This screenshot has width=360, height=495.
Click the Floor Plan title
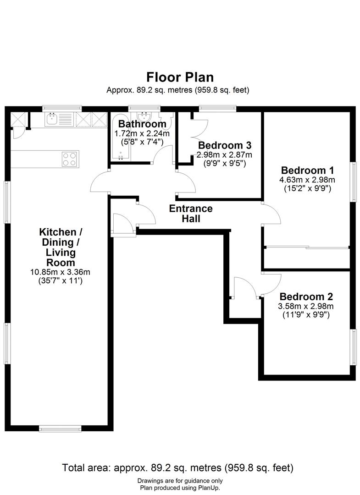pyautogui.click(x=180, y=77)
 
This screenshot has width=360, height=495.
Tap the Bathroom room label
pyautogui.click(x=142, y=124)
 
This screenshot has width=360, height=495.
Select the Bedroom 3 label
pyautogui.click(x=225, y=146)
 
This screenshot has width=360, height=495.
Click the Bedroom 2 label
pyautogui.click(x=306, y=297)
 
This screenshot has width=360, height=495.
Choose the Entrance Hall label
pyautogui.click(x=191, y=214)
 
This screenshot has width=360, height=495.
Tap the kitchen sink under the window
pyautogui.click(x=51, y=121)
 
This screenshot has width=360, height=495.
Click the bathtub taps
pyautogui.click(x=121, y=156)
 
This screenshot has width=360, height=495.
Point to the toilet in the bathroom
pyautogui.click(x=169, y=120)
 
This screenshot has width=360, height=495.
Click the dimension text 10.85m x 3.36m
pyautogui.click(x=57, y=272)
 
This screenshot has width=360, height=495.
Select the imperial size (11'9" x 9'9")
pyautogui.click(x=306, y=315)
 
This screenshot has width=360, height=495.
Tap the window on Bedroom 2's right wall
pyautogui.click(x=353, y=347)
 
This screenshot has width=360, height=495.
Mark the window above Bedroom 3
pyautogui.click(x=217, y=109)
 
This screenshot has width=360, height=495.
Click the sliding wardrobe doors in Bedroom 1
pyautogui.click(x=306, y=248)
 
